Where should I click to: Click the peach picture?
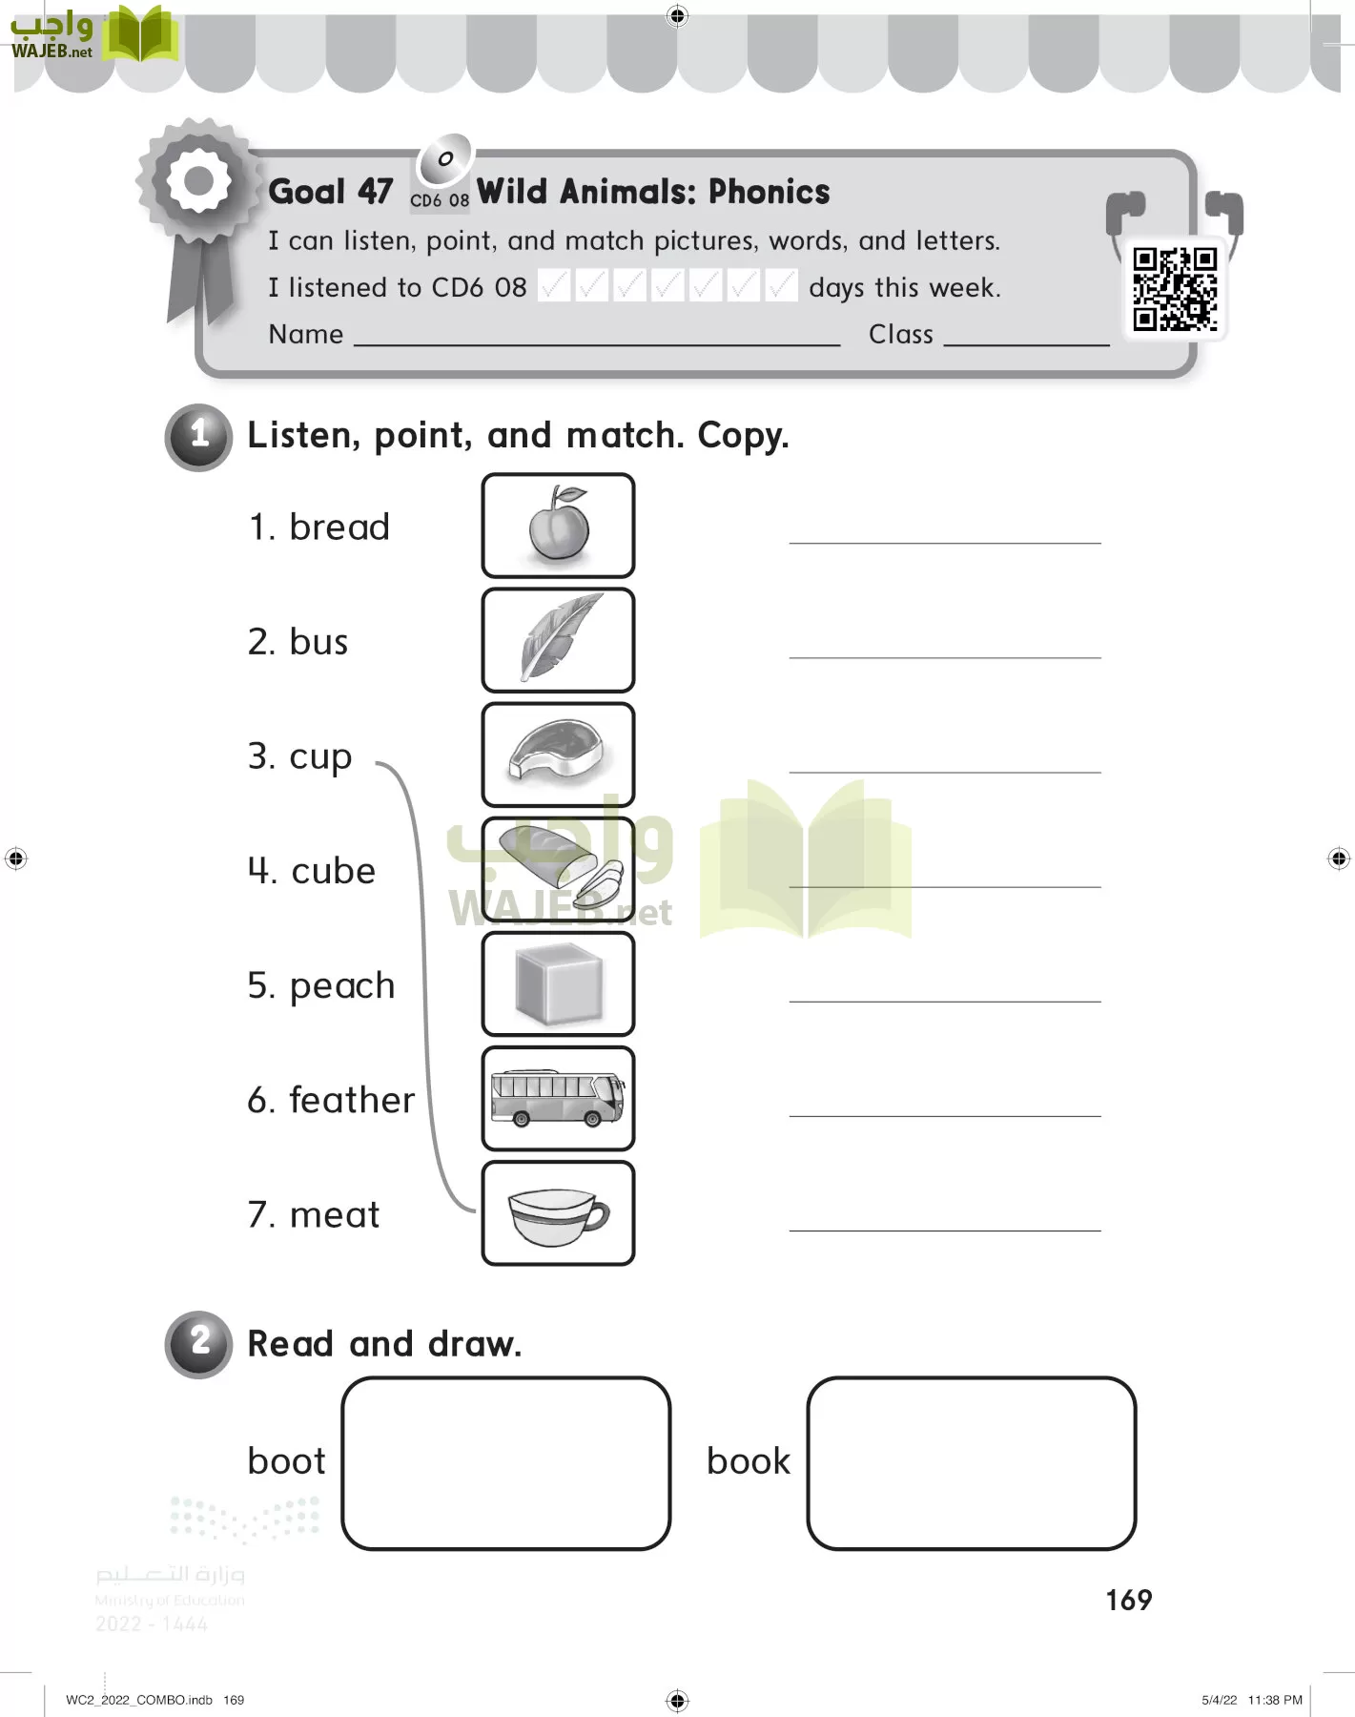[x=559, y=526]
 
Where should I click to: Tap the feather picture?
[x=559, y=640]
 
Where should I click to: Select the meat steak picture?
[x=559, y=755]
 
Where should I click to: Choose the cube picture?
[x=559, y=983]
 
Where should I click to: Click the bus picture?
[x=559, y=1098]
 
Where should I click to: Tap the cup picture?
[x=559, y=1214]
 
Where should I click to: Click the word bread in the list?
[x=339, y=528]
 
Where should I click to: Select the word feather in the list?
[x=352, y=1100]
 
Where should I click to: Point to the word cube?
[x=334, y=871]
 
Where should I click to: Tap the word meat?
[x=335, y=1215]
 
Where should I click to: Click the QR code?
[x=1175, y=289]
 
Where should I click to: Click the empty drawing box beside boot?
[x=505, y=1463]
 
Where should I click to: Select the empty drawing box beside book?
[x=971, y=1463]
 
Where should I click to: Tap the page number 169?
[x=1129, y=1600]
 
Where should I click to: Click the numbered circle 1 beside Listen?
[x=198, y=437]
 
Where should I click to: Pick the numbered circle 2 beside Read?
[x=198, y=1344]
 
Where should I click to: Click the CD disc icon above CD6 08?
[x=444, y=160]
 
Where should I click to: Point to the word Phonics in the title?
[x=769, y=192]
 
